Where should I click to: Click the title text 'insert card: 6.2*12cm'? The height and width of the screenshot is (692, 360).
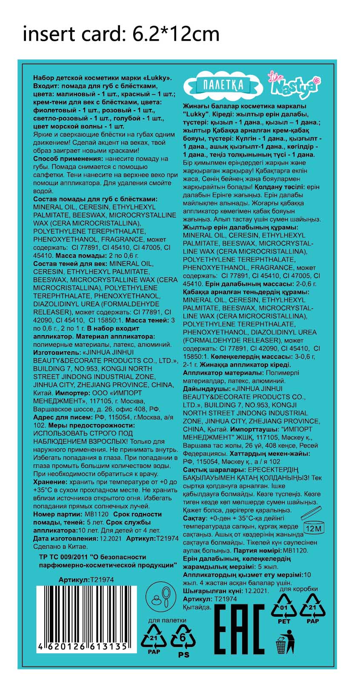(121, 34)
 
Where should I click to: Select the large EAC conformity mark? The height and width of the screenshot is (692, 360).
(238, 629)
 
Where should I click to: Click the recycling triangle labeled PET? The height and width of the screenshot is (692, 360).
(284, 607)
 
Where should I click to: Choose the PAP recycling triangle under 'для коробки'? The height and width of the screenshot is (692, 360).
(313, 607)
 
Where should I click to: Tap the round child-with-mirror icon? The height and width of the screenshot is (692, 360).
(160, 596)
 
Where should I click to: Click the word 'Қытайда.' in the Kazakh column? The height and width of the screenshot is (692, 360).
(197, 607)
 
